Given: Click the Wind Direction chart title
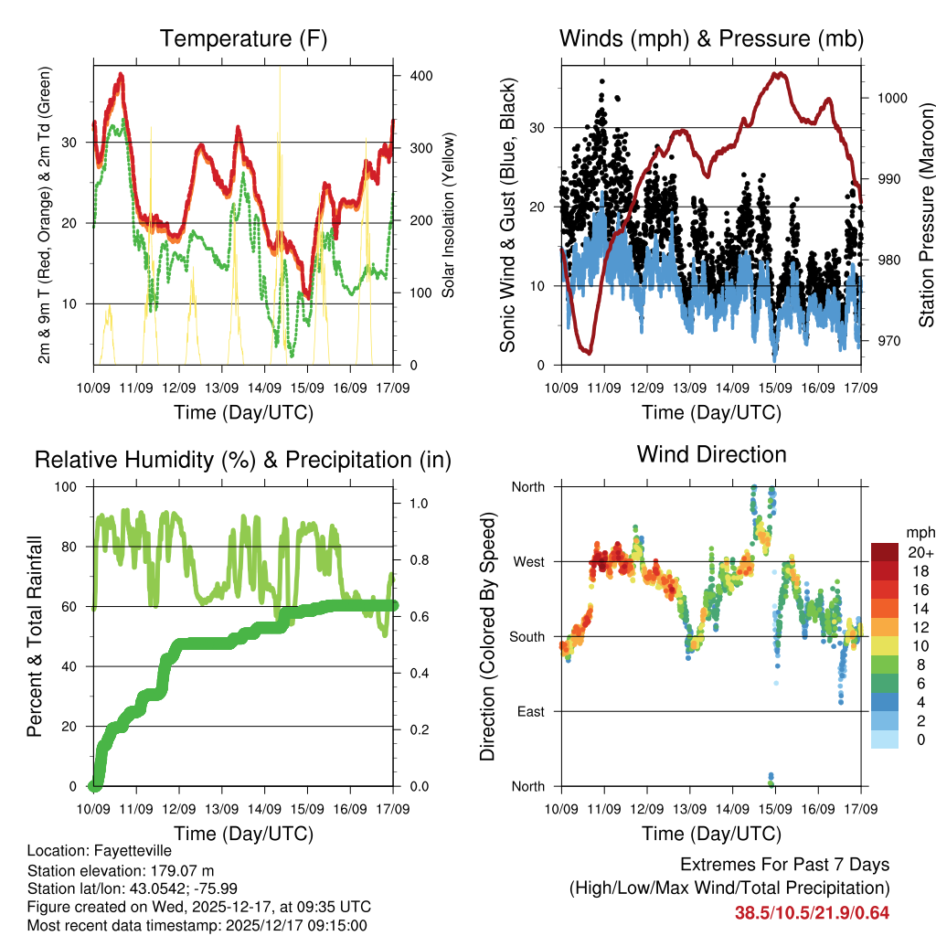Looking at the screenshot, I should (711, 453).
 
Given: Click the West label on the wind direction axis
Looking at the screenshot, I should (527, 561).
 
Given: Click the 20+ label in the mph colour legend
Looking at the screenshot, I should (920, 552).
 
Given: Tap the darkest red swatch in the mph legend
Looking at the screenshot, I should (883, 552).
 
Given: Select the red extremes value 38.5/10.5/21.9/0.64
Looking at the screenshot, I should (812, 912).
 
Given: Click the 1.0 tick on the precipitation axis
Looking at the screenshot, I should (418, 503).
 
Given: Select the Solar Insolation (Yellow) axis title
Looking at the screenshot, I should (449, 216).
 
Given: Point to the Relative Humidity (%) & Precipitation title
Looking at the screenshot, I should (242, 460).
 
